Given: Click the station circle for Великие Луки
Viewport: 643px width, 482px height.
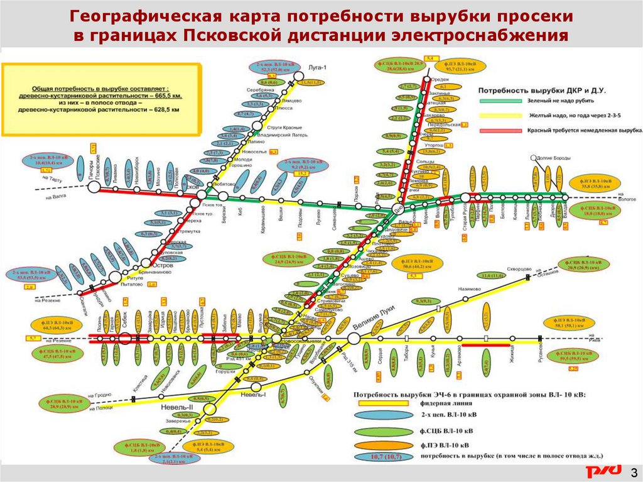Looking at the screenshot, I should pyautogui.click(x=354, y=338).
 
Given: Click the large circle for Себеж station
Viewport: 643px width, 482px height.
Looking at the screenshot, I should pyautogui.click(x=125, y=338).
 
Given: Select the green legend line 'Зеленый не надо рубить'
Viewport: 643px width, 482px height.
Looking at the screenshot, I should pyautogui.click(x=500, y=101).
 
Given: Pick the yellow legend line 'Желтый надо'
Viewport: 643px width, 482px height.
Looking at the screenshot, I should pyautogui.click(x=500, y=116).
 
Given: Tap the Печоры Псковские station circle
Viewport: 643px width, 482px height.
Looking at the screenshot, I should pyautogui.click(x=96, y=189).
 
